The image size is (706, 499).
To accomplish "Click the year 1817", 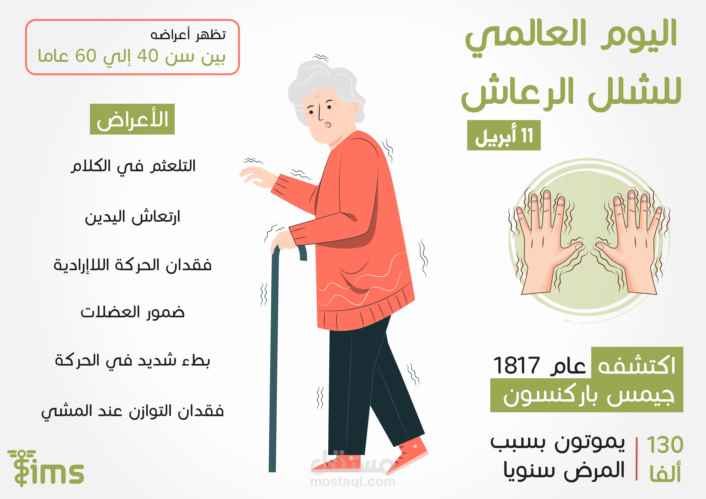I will (x=516, y=366).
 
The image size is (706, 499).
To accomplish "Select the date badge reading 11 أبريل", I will (x=504, y=135).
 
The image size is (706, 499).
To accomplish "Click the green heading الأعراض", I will (x=132, y=119).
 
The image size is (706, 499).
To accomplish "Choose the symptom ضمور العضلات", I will (x=132, y=313).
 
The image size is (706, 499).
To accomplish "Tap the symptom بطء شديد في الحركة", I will (x=132, y=361).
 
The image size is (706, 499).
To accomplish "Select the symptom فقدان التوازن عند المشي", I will (x=132, y=411).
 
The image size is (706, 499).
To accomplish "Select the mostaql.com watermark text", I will (x=353, y=482).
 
